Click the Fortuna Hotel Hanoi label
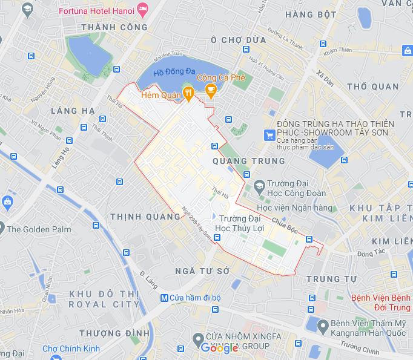coord(97,10)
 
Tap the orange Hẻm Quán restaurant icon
coord(188,93)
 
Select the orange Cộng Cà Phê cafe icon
coord(211,92)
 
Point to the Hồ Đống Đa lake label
coord(174,72)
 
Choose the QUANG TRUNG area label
coord(249,161)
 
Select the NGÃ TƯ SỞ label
coord(202,270)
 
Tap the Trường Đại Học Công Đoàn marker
coord(259,184)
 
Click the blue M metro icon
coord(164,298)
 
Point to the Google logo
coord(219,348)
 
